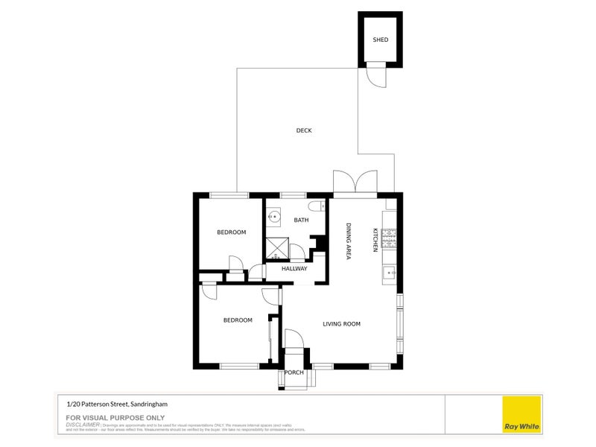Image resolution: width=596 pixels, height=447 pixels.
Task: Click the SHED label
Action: [x=380, y=39]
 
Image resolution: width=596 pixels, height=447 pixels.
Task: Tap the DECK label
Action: [x=303, y=130]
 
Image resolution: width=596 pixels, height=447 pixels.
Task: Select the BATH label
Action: [x=301, y=220]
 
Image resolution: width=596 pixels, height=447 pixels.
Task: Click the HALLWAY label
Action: [x=294, y=268]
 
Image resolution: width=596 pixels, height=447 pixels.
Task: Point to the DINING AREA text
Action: [x=348, y=241]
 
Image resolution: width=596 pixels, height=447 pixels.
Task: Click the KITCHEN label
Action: [x=375, y=241]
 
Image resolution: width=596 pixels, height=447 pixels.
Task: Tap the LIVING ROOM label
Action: [x=341, y=323]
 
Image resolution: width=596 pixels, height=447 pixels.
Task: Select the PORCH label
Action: [x=293, y=374]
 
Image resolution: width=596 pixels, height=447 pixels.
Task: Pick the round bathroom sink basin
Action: [x=273, y=218]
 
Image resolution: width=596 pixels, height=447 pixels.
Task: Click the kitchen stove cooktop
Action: [x=390, y=238]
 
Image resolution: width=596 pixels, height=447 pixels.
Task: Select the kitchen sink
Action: [x=390, y=273]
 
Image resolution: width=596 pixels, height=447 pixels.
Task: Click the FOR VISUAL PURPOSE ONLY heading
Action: [x=115, y=417]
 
